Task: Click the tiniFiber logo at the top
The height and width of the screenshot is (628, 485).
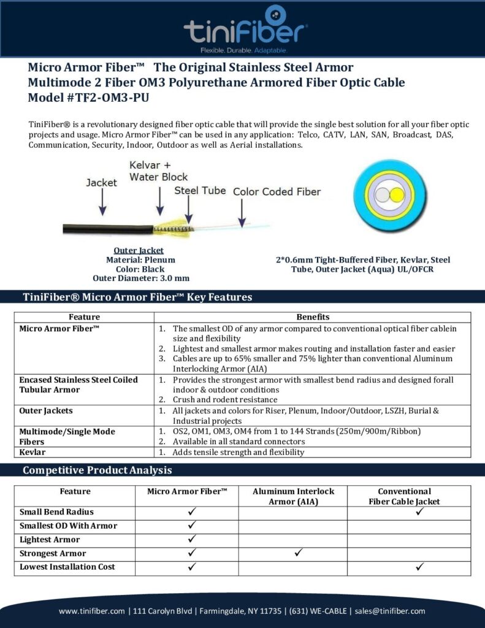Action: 245,28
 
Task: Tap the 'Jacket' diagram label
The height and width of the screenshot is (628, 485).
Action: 101,183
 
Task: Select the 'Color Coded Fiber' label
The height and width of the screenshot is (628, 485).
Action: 277,191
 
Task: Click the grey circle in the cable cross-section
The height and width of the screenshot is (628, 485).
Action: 383,196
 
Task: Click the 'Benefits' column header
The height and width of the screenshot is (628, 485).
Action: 313,317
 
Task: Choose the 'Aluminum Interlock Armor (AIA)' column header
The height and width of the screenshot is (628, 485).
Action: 293,497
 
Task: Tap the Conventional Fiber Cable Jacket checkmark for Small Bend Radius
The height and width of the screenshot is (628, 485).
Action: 420,511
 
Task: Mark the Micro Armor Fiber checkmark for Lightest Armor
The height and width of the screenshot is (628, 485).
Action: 191,539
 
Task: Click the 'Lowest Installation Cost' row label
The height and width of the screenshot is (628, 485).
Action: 67,567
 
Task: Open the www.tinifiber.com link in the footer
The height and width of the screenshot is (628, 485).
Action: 93,611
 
